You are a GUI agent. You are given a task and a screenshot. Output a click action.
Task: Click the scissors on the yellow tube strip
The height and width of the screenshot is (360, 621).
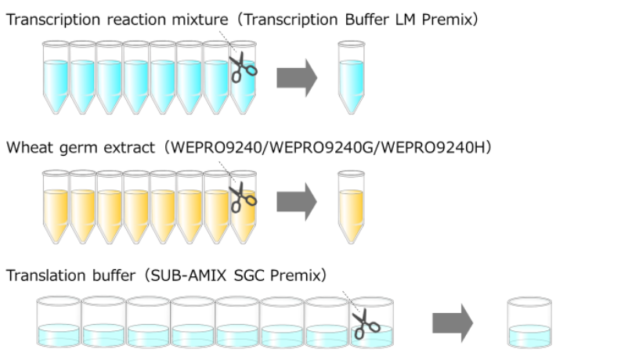[x=243, y=199]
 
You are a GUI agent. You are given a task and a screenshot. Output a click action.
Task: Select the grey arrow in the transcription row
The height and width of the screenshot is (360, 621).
[x=298, y=77]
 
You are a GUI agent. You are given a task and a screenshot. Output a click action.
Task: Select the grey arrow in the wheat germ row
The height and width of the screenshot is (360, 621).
[x=298, y=203]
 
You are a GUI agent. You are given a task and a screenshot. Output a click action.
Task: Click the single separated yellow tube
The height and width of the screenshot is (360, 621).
[x=352, y=204]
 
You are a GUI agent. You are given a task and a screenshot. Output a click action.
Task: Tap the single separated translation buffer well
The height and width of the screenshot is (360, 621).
[x=530, y=322]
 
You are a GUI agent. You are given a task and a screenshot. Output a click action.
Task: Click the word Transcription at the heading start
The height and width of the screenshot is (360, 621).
[x=47, y=20]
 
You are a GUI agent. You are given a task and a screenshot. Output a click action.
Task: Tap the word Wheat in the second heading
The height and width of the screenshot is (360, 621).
[x=26, y=147]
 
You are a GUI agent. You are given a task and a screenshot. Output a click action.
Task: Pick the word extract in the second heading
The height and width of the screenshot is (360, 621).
[x=114, y=147]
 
